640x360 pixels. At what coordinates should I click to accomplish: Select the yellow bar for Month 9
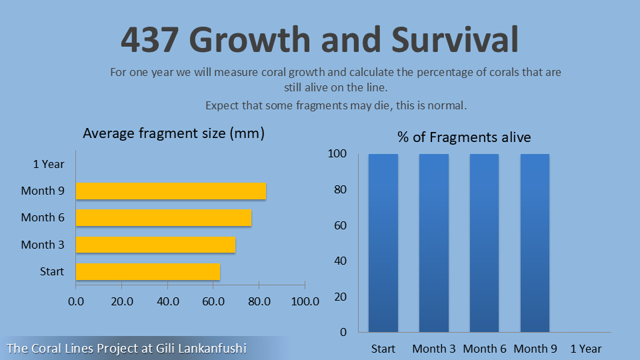(x=171, y=191)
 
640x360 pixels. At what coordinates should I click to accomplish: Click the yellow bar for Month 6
(x=163, y=217)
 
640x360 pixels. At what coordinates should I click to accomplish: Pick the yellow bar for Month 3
(x=155, y=245)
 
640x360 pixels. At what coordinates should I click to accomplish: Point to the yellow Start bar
(x=147, y=271)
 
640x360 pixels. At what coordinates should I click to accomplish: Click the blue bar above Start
(x=383, y=243)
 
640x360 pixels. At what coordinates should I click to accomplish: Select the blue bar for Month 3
(x=434, y=243)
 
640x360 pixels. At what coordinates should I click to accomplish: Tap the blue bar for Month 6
(x=485, y=243)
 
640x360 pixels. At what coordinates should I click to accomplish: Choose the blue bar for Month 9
(x=535, y=243)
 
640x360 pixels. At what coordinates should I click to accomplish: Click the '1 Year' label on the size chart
(x=49, y=164)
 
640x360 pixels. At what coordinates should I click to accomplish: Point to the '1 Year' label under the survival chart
(x=586, y=349)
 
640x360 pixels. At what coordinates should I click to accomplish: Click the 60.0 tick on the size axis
(x=213, y=301)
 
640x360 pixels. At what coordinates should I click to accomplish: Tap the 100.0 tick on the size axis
(x=305, y=301)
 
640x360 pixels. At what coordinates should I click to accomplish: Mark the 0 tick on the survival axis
(x=343, y=332)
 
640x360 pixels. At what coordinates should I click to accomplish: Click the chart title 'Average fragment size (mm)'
(x=173, y=133)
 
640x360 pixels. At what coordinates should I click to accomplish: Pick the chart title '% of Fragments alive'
(x=464, y=137)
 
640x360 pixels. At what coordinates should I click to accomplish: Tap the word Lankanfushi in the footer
(x=213, y=348)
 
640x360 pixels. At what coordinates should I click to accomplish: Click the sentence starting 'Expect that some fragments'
(x=336, y=105)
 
